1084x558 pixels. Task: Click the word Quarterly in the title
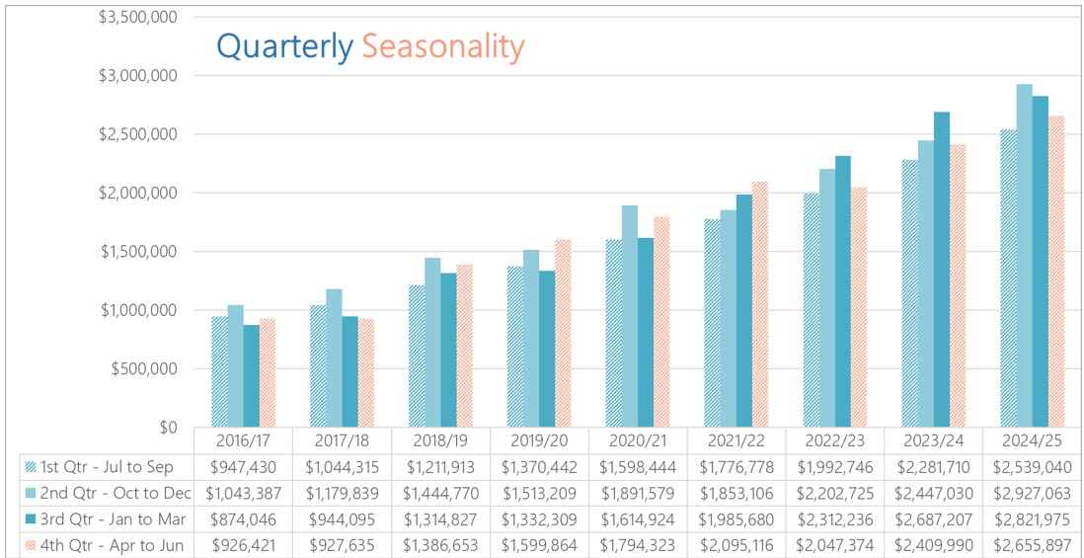tap(284, 45)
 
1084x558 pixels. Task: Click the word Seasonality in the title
tap(442, 45)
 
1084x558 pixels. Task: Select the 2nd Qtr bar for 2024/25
tap(1025, 257)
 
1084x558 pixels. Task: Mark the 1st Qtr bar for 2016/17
tap(219, 371)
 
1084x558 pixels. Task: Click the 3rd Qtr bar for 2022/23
tap(843, 291)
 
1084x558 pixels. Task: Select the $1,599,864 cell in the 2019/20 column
tap(539, 544)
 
